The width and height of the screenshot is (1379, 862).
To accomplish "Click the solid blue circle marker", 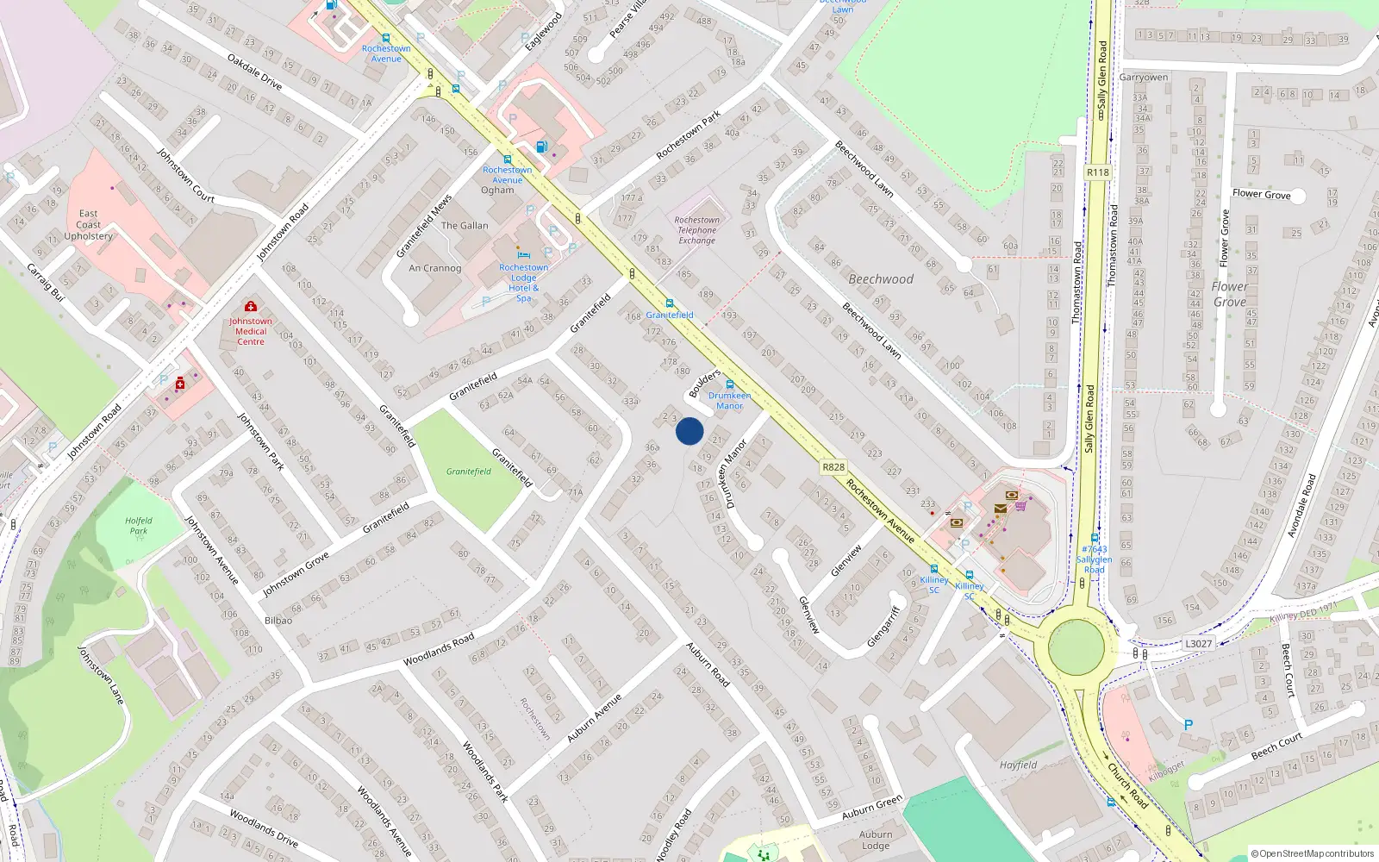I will click(689, 431).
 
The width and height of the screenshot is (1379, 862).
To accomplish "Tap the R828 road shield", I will click(833, 467).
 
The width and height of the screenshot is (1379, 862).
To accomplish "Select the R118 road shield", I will click(1097, 172).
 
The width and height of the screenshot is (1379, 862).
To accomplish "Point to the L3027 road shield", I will click(1198, 643).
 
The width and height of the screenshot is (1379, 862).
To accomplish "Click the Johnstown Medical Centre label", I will click(251, 331).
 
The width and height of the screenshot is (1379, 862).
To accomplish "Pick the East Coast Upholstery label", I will click(88, 224).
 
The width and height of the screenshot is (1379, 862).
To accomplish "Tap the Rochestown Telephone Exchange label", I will click(696, 230).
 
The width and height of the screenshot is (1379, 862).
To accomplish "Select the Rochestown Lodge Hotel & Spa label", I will click(523, 283).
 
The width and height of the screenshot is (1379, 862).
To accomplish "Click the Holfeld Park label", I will click(138, 526).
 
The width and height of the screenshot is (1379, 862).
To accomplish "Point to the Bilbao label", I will click(278, 621).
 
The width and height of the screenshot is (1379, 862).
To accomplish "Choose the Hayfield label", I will click(1018, 765).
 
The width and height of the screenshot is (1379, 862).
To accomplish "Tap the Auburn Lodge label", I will click(876, 840).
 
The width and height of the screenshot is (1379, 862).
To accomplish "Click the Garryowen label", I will click(1144, 78).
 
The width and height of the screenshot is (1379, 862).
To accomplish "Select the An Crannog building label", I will click(435, 268).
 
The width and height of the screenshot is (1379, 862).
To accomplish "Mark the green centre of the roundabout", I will click(1076, 646).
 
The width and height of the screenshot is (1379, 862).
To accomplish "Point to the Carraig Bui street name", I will click(46, 282).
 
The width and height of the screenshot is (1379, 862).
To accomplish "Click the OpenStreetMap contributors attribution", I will click(1312, 853).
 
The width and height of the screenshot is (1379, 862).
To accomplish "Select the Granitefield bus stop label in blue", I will click(670, 315).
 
